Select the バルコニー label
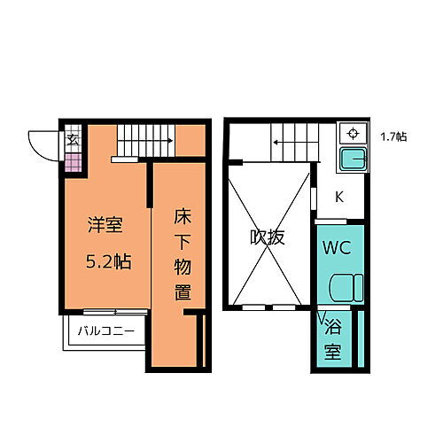point(105,332)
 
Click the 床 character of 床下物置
point(182,215)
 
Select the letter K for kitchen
point(339,198)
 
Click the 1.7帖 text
point(393,136)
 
